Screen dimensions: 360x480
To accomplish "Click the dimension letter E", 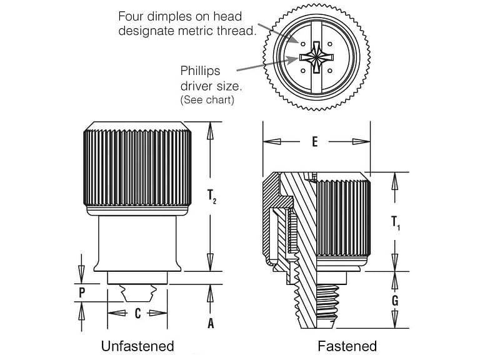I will pyautogui.click(x=315, y=142).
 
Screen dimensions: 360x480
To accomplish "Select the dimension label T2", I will pyautogui.click(x=211, y=196).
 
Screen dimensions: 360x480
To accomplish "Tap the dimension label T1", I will pyautogui.click(x=395, y=222).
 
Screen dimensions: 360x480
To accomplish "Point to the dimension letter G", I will pyautogui.click(x=394, y=301).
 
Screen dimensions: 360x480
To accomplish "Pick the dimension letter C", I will pyautogui.click(x=138, y=313).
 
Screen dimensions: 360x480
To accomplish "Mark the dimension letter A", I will pyautogui.click(x=211, y=323).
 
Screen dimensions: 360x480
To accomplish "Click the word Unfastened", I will pyautogui.click(x=137, y=346).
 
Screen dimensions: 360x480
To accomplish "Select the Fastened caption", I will pyautogui.click(x=347, y=346).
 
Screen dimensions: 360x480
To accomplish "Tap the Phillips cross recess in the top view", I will pyautogui.click(x=317, y=57).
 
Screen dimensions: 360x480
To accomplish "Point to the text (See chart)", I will pyautogui.click(x=207, y=100).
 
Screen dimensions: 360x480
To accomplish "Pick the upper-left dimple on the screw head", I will pyautogui.click(x=303, y=44).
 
